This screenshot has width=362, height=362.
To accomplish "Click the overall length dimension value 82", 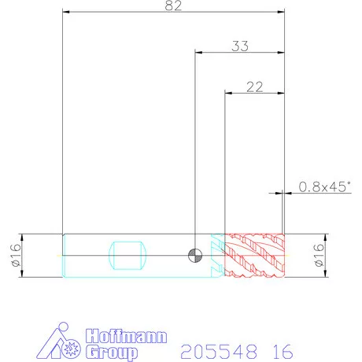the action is pos(173,6).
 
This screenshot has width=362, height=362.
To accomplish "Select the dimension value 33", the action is pos(240,46).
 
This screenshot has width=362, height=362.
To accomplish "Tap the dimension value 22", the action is pos(254,87).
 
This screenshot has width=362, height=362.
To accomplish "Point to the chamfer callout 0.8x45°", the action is pos(324,187).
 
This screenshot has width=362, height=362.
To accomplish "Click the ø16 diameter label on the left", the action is pos(16,255).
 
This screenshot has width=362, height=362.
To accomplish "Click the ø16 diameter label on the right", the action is pos(319,255).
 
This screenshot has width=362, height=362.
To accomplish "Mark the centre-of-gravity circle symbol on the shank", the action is pos(195,255).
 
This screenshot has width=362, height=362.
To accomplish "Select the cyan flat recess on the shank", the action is pos(127,255).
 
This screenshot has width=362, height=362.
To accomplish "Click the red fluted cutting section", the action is pos(255,255).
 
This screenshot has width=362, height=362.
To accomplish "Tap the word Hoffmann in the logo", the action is pos(126,336).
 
